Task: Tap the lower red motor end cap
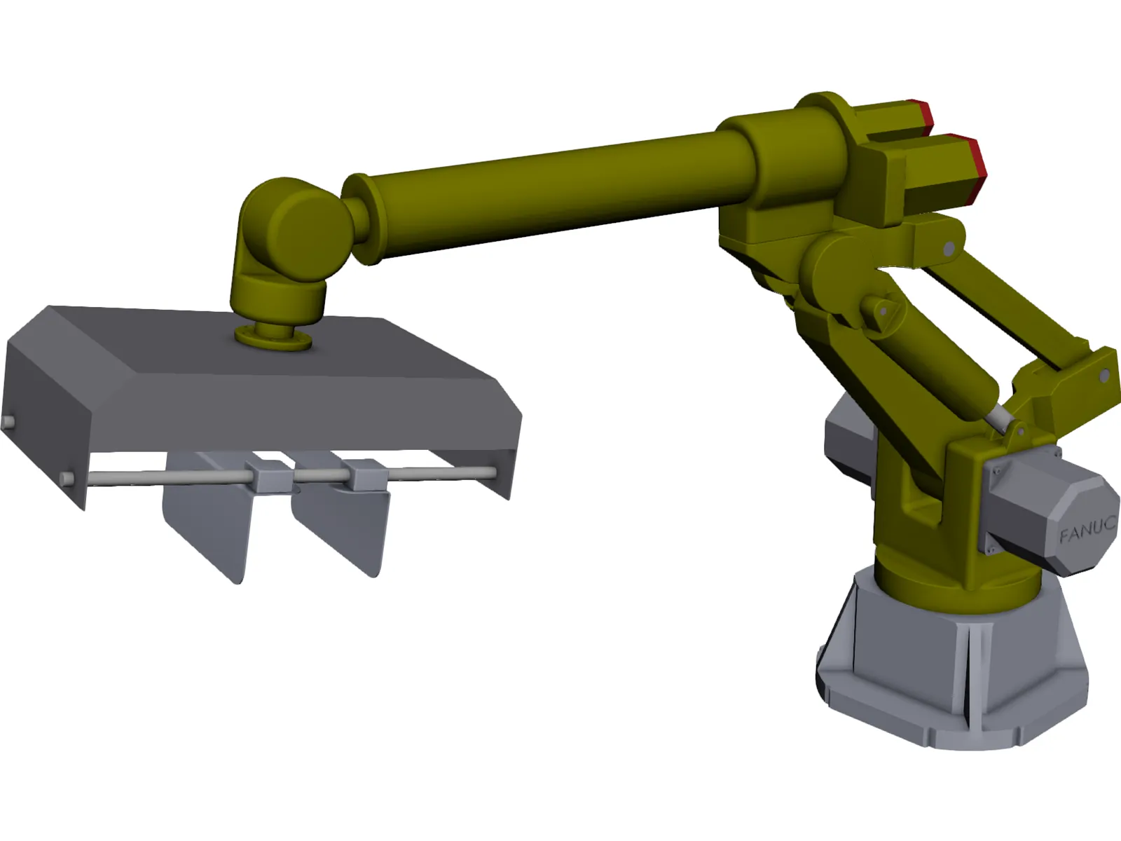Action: pyautogui.click(x=971, y=170)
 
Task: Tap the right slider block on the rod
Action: pyautogui.click(x=366, y=476)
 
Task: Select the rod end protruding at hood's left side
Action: pyautogui.click(x=9, y=422)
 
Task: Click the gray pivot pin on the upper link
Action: pyautogui.click(x=949, y=249)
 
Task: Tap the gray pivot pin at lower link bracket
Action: pyautogui.click(x=1105, y=376)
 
